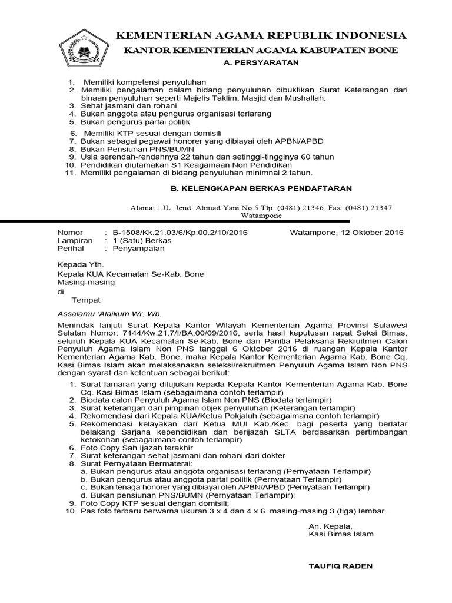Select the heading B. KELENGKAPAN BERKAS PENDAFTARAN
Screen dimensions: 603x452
[257, 188]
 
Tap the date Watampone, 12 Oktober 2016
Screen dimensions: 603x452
[347, 233]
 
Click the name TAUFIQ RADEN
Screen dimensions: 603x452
[341, 566]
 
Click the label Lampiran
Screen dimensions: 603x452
[75, 240]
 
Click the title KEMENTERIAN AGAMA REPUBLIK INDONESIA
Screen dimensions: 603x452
[261, 35]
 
